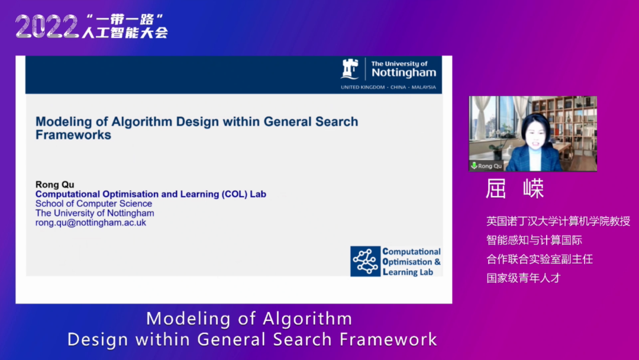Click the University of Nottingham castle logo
[x=350, y=69]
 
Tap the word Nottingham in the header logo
[x=404, y=73]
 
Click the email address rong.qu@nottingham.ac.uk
[x=91, y=223]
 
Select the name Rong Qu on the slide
[x=54, y=185]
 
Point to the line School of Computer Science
[x=93, y=204]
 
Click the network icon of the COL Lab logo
[x=365, y=261]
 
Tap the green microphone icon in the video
[x=474, y=166]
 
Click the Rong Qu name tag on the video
[x=486, y=166]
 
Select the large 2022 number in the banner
[x=47, y=27]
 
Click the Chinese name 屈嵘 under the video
[x=515, y=189]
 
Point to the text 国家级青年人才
[x=524, y=278]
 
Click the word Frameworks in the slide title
[x=73, y=135]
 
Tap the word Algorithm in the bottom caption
[x=307, y=319]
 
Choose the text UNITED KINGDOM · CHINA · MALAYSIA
[x=388, y=87]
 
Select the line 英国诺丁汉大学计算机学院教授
[x=559, y=221]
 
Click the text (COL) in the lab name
[x=235, y=194]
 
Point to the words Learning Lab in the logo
[x=408, y=272]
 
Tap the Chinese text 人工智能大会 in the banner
[x=125, y=33]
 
